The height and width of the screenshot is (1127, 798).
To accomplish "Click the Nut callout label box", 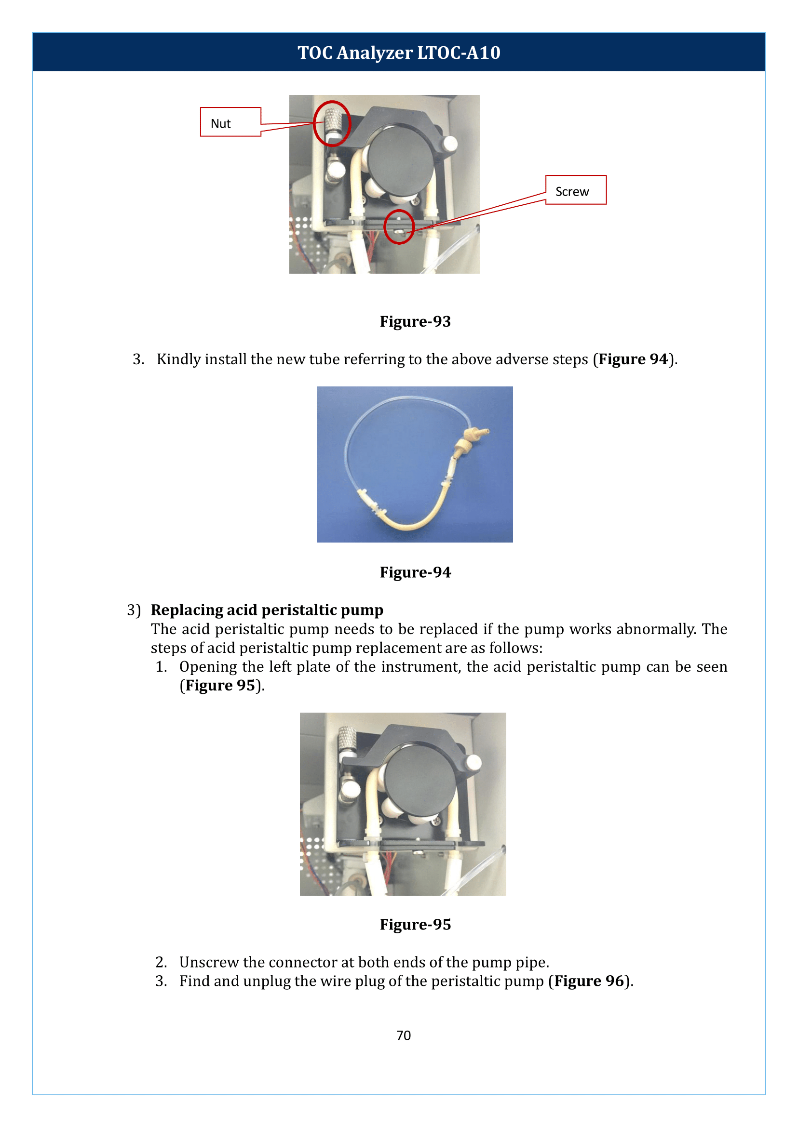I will (230, 122).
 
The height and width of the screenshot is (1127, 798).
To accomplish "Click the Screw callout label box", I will (575, 190).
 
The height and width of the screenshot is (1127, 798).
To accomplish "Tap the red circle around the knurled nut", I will (332, 123).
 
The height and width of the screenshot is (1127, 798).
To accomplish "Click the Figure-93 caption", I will (415, 321).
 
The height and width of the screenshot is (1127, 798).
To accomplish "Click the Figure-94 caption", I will (415, 572).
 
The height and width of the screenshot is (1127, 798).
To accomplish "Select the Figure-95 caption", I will (415, 924).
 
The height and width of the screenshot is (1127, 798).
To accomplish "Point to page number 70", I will (404, 1035).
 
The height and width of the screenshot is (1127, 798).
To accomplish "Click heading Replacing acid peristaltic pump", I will (267, 610).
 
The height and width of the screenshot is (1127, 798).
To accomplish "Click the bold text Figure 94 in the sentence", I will (633, 359).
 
